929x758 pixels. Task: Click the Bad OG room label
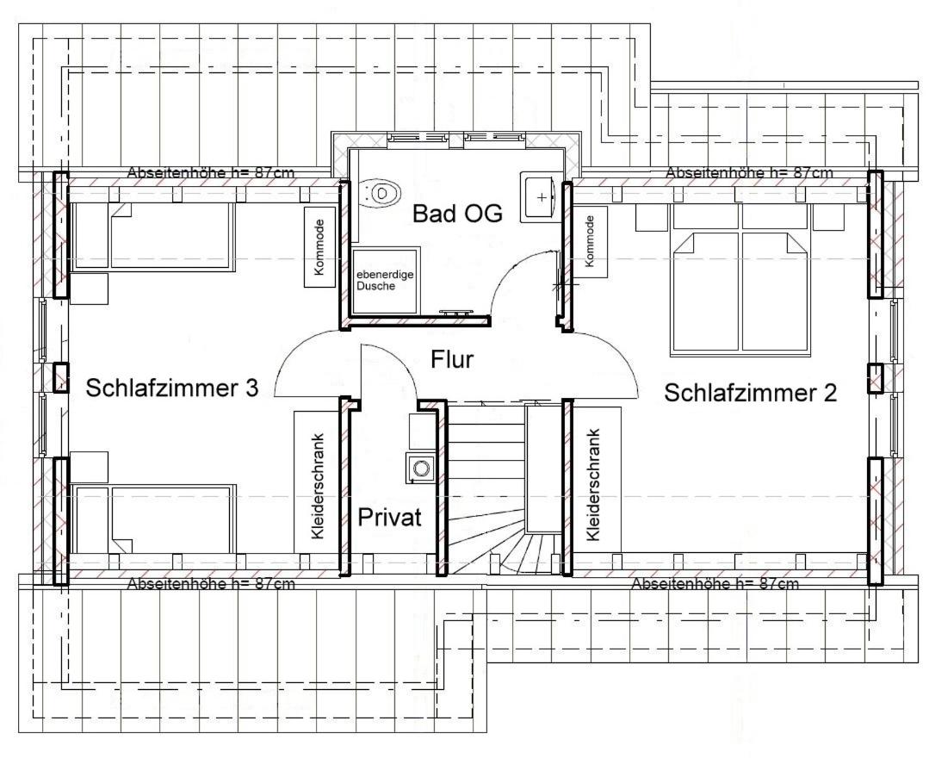(456, 214)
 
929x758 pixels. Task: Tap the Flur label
(452, 359)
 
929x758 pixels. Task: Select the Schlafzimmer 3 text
(172, 388)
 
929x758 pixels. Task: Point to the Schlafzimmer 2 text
(750, 393)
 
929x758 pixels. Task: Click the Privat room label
(390, 518)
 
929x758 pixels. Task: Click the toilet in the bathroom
(381, 192)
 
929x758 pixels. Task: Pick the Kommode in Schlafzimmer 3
(319, 245)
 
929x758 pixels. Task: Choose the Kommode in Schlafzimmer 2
(590, 241)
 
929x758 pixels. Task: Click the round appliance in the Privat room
(421, 468)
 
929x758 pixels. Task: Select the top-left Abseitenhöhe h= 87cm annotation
(211, 172)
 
